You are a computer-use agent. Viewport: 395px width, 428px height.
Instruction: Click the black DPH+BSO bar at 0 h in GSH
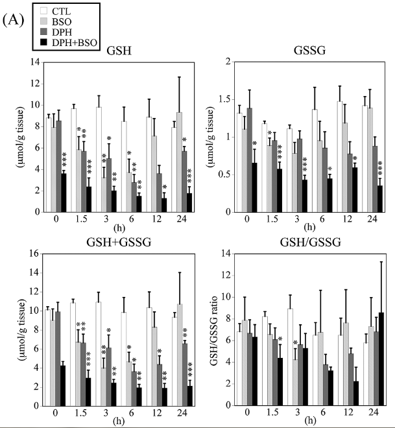pos(64,192)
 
